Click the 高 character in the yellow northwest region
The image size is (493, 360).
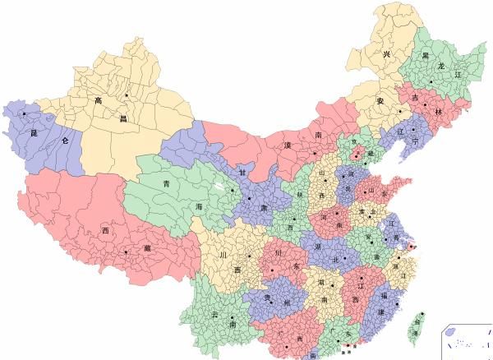point(97,101)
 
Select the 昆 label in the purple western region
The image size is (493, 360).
point(34,132)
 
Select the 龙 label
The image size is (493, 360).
point(440,65)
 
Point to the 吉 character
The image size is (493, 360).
point(415,97)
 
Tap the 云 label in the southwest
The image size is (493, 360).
point(214,315)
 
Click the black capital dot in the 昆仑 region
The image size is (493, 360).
point(25,113)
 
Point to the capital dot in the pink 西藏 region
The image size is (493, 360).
point(125,252)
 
